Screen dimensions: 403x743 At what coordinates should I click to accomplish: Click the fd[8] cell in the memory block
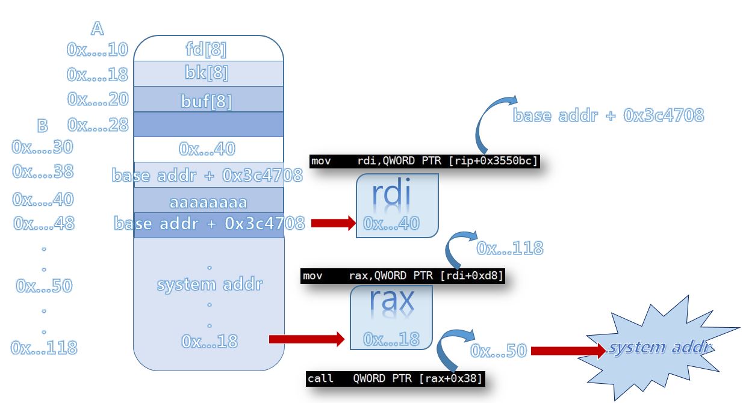coord(208,48)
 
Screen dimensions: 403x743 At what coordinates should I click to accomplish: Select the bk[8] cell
coord(208,73)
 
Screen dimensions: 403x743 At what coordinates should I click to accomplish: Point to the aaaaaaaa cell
coord(208,201)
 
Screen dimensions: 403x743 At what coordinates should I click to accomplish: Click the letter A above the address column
coord(97,28)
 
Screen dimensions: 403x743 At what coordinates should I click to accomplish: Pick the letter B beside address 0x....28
coord(43,125)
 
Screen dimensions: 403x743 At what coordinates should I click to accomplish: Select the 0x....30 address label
coord(42,147)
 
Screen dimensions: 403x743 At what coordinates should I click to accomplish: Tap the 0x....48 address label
coord(43,224)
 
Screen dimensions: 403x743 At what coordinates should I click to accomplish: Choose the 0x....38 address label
coord(43,171)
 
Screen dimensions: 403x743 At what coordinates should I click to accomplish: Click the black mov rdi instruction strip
coord(424,161)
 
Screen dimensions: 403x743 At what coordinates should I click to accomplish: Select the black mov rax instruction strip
coord(402,276)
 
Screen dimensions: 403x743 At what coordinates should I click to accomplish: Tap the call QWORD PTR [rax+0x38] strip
coord(394,379)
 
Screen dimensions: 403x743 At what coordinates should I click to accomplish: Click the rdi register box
coord(397,205)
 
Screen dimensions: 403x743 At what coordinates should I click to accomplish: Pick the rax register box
coord(391,317)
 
